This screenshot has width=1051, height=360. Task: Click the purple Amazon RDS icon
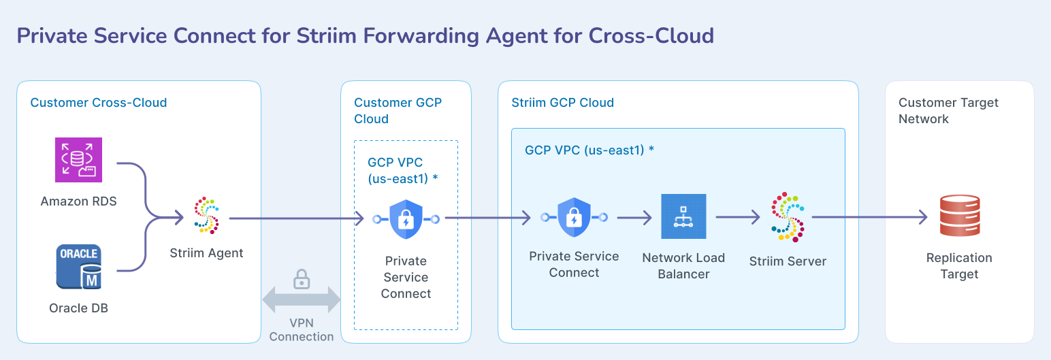(x=78, y=160)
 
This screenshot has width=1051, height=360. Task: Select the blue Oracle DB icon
(x=78, y=268)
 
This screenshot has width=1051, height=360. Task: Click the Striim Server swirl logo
(x=788, y=217)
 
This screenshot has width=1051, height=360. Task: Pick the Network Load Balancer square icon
(x=683, y=216)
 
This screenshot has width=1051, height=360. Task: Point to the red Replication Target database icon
(x=959, y=216)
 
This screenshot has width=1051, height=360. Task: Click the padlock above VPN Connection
(x=301, y=279)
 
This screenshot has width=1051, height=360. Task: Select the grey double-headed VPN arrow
(x=301, y=300)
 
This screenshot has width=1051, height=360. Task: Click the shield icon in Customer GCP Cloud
(x=406, y=219)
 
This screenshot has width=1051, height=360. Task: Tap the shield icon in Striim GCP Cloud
(x=574, y=217)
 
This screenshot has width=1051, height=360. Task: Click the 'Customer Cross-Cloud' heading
(x=99, y=103)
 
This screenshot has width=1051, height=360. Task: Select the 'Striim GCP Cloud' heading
(x=562, y=103)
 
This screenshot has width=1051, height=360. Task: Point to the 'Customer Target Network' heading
(x=948, y=110)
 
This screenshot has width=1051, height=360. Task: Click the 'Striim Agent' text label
(x=206, y=253)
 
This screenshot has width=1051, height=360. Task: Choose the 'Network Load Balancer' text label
(x=683, y=266)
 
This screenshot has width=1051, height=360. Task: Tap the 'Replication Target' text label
(x=959, y=266)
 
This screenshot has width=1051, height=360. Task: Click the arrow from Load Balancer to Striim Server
(x=737, y=217)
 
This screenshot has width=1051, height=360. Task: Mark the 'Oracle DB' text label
(x=78, y=308)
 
